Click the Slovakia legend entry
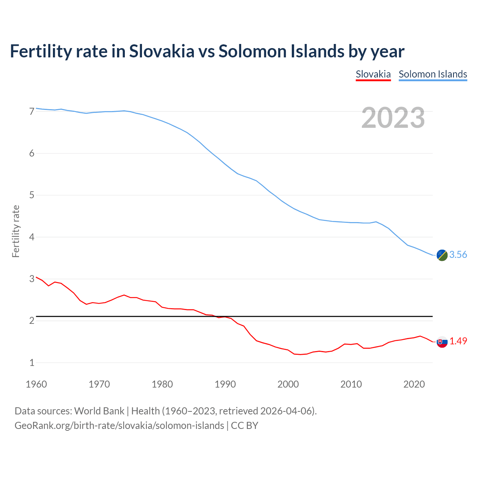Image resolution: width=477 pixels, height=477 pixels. [373, 74]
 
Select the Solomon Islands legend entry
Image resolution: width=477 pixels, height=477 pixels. [433, 74]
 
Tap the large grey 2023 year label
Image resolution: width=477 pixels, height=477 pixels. [393, 118]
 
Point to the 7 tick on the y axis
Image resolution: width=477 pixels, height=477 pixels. [32, 111]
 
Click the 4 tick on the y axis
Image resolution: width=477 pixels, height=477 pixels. [32, 237]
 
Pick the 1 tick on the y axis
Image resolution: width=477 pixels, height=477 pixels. [32, 363]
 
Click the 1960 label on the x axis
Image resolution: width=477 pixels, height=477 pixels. [36, 384]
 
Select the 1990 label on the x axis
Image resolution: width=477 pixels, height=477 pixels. [225, 384]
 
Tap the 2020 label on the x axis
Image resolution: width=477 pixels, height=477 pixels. [414, 384]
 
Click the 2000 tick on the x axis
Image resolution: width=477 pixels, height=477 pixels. [288, 384]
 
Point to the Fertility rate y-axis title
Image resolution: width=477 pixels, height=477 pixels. [16, 231]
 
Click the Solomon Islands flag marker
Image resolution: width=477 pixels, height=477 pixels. [442, 255]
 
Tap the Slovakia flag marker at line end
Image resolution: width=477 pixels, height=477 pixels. [442, 342]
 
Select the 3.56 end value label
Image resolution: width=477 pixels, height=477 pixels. [458, 255]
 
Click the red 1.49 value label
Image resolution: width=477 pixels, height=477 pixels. [458, 341]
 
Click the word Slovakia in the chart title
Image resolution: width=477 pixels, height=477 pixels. [162, 51]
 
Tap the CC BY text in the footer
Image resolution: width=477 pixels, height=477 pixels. [244, 426]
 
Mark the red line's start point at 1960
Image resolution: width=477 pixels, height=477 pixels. [36, 277]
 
